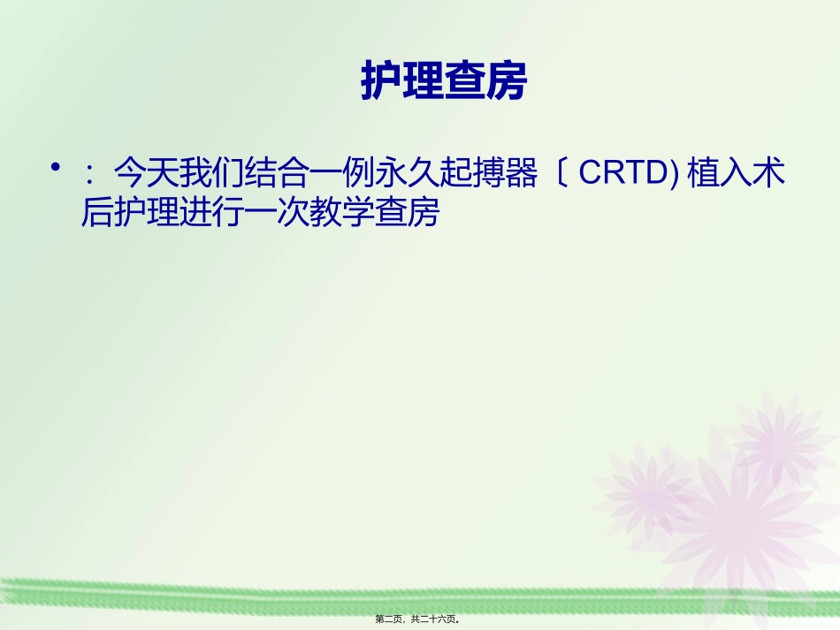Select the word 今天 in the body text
click(145, 175)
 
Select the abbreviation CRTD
click(622, 175)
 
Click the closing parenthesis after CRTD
click(674, 175)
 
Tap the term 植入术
click(736, 175)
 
